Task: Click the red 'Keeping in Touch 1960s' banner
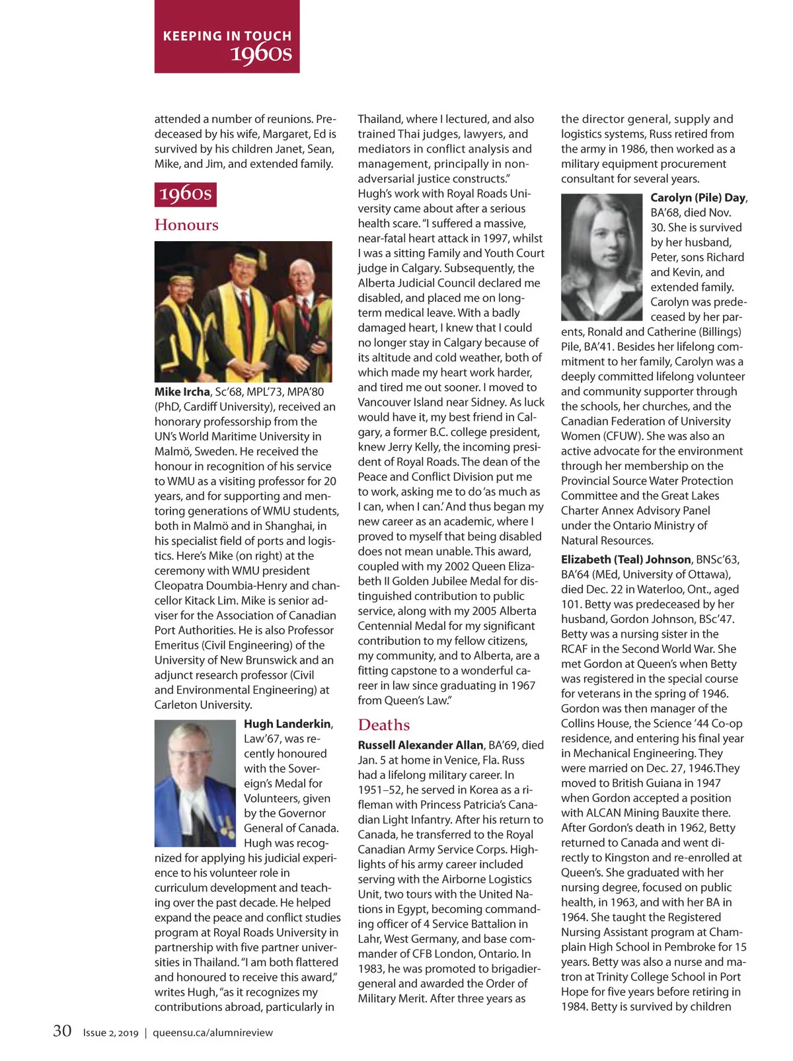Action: pos(227,37)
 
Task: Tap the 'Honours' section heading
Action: pos(186,225)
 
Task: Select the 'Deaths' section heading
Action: pos(384,725)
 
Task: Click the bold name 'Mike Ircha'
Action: pos(182,392)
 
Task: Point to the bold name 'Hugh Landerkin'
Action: pos(287,723)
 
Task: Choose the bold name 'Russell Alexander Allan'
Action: pos(420,745)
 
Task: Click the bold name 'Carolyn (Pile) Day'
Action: pos(698,198)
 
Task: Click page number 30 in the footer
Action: pos(62,1031)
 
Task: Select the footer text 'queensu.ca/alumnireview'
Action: pos(213,1033)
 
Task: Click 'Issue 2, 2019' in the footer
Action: pos(110,1033)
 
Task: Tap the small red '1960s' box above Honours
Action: pos(186,194)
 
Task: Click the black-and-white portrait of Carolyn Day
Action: pos(601,257)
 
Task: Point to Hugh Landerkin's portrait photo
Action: pos(195,783)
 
